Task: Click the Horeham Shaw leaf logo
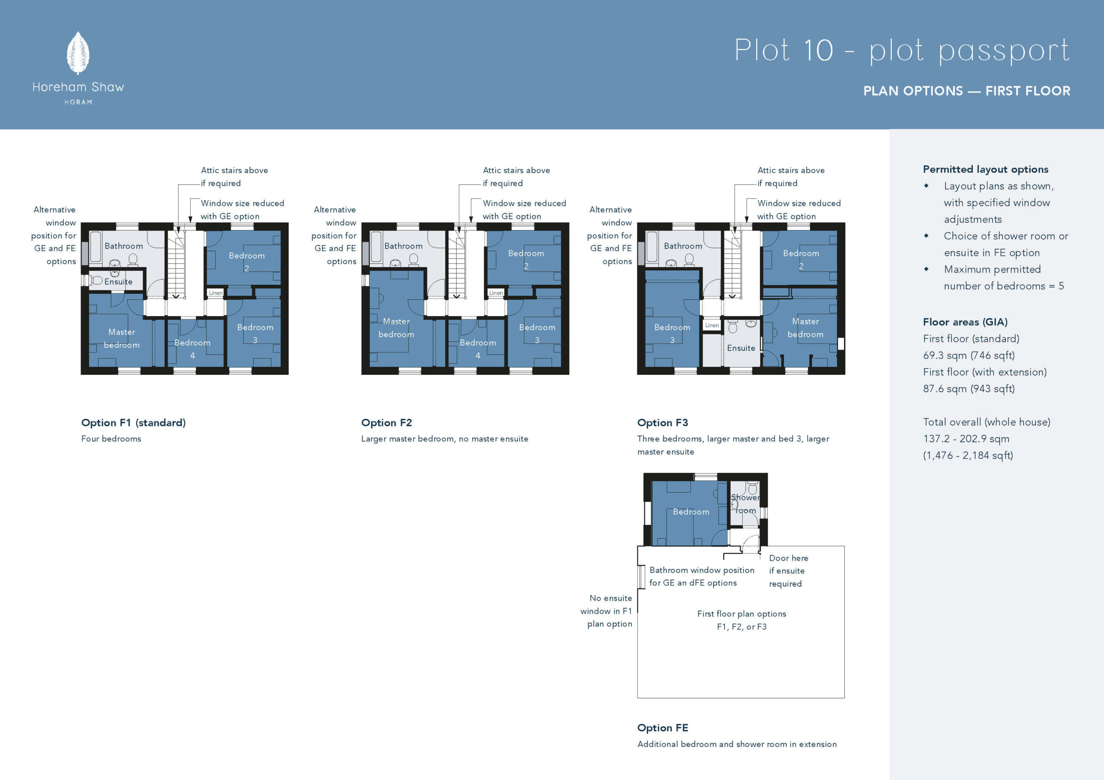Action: pyautogui.click(x=78, y=53)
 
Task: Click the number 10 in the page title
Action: pyautogui.click(x=819, y=50)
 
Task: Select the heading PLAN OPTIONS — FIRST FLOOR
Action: pyautogui.click(x=966, y=91)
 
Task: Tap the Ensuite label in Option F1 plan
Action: pyautogui.click(x=118, y=282)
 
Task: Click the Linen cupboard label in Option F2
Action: pyautogui.click(x=496, y=293)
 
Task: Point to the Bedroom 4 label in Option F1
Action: pyautogui.click(x=192, y=349)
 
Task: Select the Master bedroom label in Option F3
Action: pyautogui.click(x=806, y=328)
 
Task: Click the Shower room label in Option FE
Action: pyautogui.click(x=745, y=504)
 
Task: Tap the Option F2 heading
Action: pyautogui.click(x=386, y=422)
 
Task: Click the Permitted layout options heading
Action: pyautogui.click(x=985, y=169)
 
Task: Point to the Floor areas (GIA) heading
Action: pyautogui.click(x=965, y=322)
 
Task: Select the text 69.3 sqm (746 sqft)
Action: pyautogui.click(x=969, y=355)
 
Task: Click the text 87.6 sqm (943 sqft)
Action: pyautogui.click(x=969, y=388)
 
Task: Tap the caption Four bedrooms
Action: pyautogui.click(x=111, y=439)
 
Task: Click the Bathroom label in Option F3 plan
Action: pyautogui.click(x=683, y=246)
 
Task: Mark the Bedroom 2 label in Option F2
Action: pyautogui.click(x=526, y=259)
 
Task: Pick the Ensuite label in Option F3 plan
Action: pyautogui.click(x=741, y=348)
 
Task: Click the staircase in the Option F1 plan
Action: pyautogui.click(x=176, y=264)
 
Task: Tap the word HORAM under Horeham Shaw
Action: pyautogui.click(x=78, y=102)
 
